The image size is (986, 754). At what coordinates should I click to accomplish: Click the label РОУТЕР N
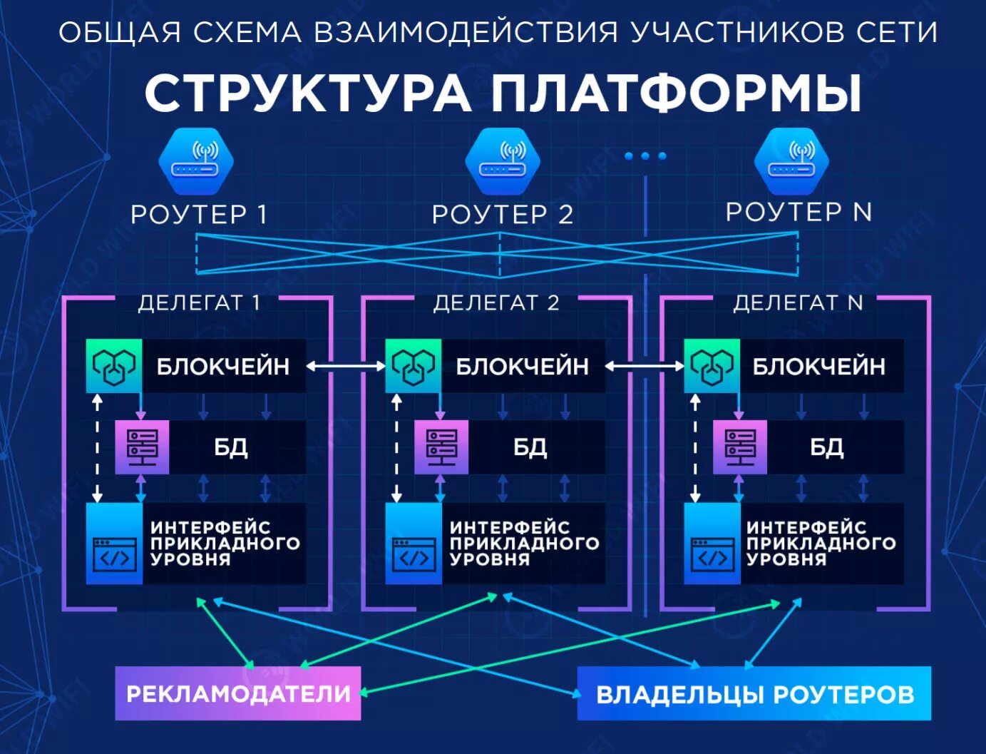[x=798, y=212]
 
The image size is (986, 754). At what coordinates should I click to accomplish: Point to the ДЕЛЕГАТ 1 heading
[x=199, y=302]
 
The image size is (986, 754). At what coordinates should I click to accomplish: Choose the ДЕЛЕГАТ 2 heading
[x=496, y=302]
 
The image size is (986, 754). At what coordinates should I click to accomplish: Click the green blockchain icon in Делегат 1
[x=114, y=366]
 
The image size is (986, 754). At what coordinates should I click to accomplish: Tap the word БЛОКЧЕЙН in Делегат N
[x=818, y=367]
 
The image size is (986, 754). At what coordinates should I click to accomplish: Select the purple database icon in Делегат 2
[x=441, y=447]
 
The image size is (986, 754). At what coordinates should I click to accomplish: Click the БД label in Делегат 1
[x=231, y=447]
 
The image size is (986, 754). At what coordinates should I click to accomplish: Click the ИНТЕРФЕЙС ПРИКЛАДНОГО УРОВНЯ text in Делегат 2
[x=524, y=544]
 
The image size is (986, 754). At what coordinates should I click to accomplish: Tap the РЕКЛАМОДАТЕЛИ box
[x=238, y=693]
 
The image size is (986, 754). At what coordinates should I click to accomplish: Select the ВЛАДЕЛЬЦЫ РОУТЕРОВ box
[x=754, y=693]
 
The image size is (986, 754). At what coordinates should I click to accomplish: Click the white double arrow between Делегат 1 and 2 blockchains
[x=346, y=366]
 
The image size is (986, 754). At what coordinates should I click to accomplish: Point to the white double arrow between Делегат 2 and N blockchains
[x=645, y=366]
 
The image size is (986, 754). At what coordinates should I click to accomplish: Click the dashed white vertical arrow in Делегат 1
[x=98, y=448]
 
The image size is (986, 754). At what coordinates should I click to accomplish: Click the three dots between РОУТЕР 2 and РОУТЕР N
[x=645, y=156]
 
